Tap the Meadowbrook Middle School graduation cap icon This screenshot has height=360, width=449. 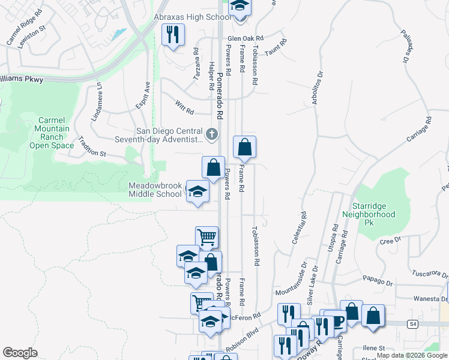tap(196, 191)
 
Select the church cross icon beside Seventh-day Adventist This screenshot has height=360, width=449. tap(211, 135)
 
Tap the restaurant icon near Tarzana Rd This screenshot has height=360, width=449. tap(173, 34)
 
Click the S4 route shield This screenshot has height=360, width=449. tap(412, 324)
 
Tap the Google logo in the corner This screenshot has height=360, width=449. tap(20, 352)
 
